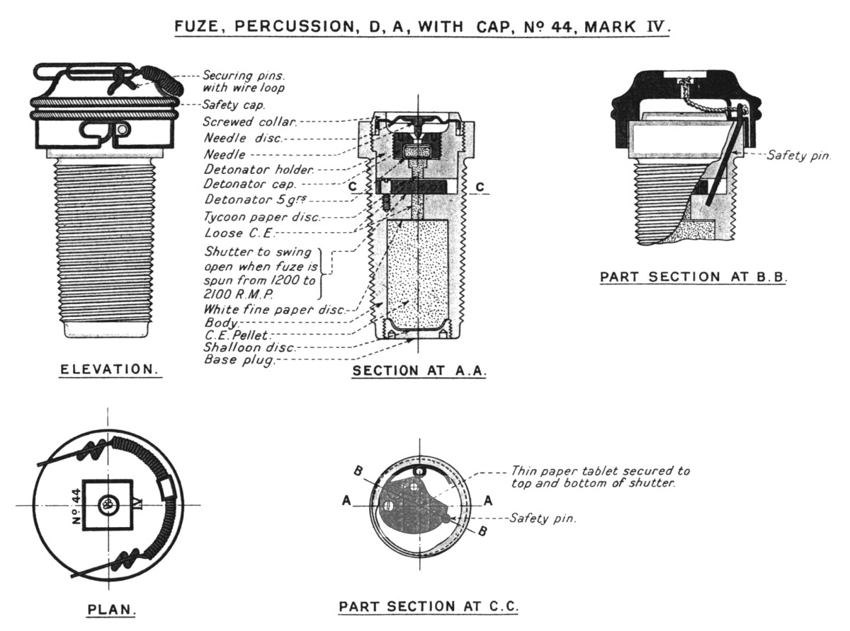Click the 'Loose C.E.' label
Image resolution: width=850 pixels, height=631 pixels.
pos(235,232)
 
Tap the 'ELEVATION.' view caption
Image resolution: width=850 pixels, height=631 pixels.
pos(110,369)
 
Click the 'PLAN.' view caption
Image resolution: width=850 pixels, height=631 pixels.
pos(111,610)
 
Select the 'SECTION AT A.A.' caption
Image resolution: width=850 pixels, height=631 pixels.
pos(419,370)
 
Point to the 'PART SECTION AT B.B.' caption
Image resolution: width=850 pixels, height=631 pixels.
pos(693,277)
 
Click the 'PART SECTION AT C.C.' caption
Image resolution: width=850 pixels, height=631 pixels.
pos(429,606)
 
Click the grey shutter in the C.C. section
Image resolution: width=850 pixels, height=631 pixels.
pos(414,499)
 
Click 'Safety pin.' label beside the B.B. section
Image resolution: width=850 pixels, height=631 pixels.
pos(798,155)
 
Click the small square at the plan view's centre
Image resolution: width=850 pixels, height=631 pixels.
pos(108,505)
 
